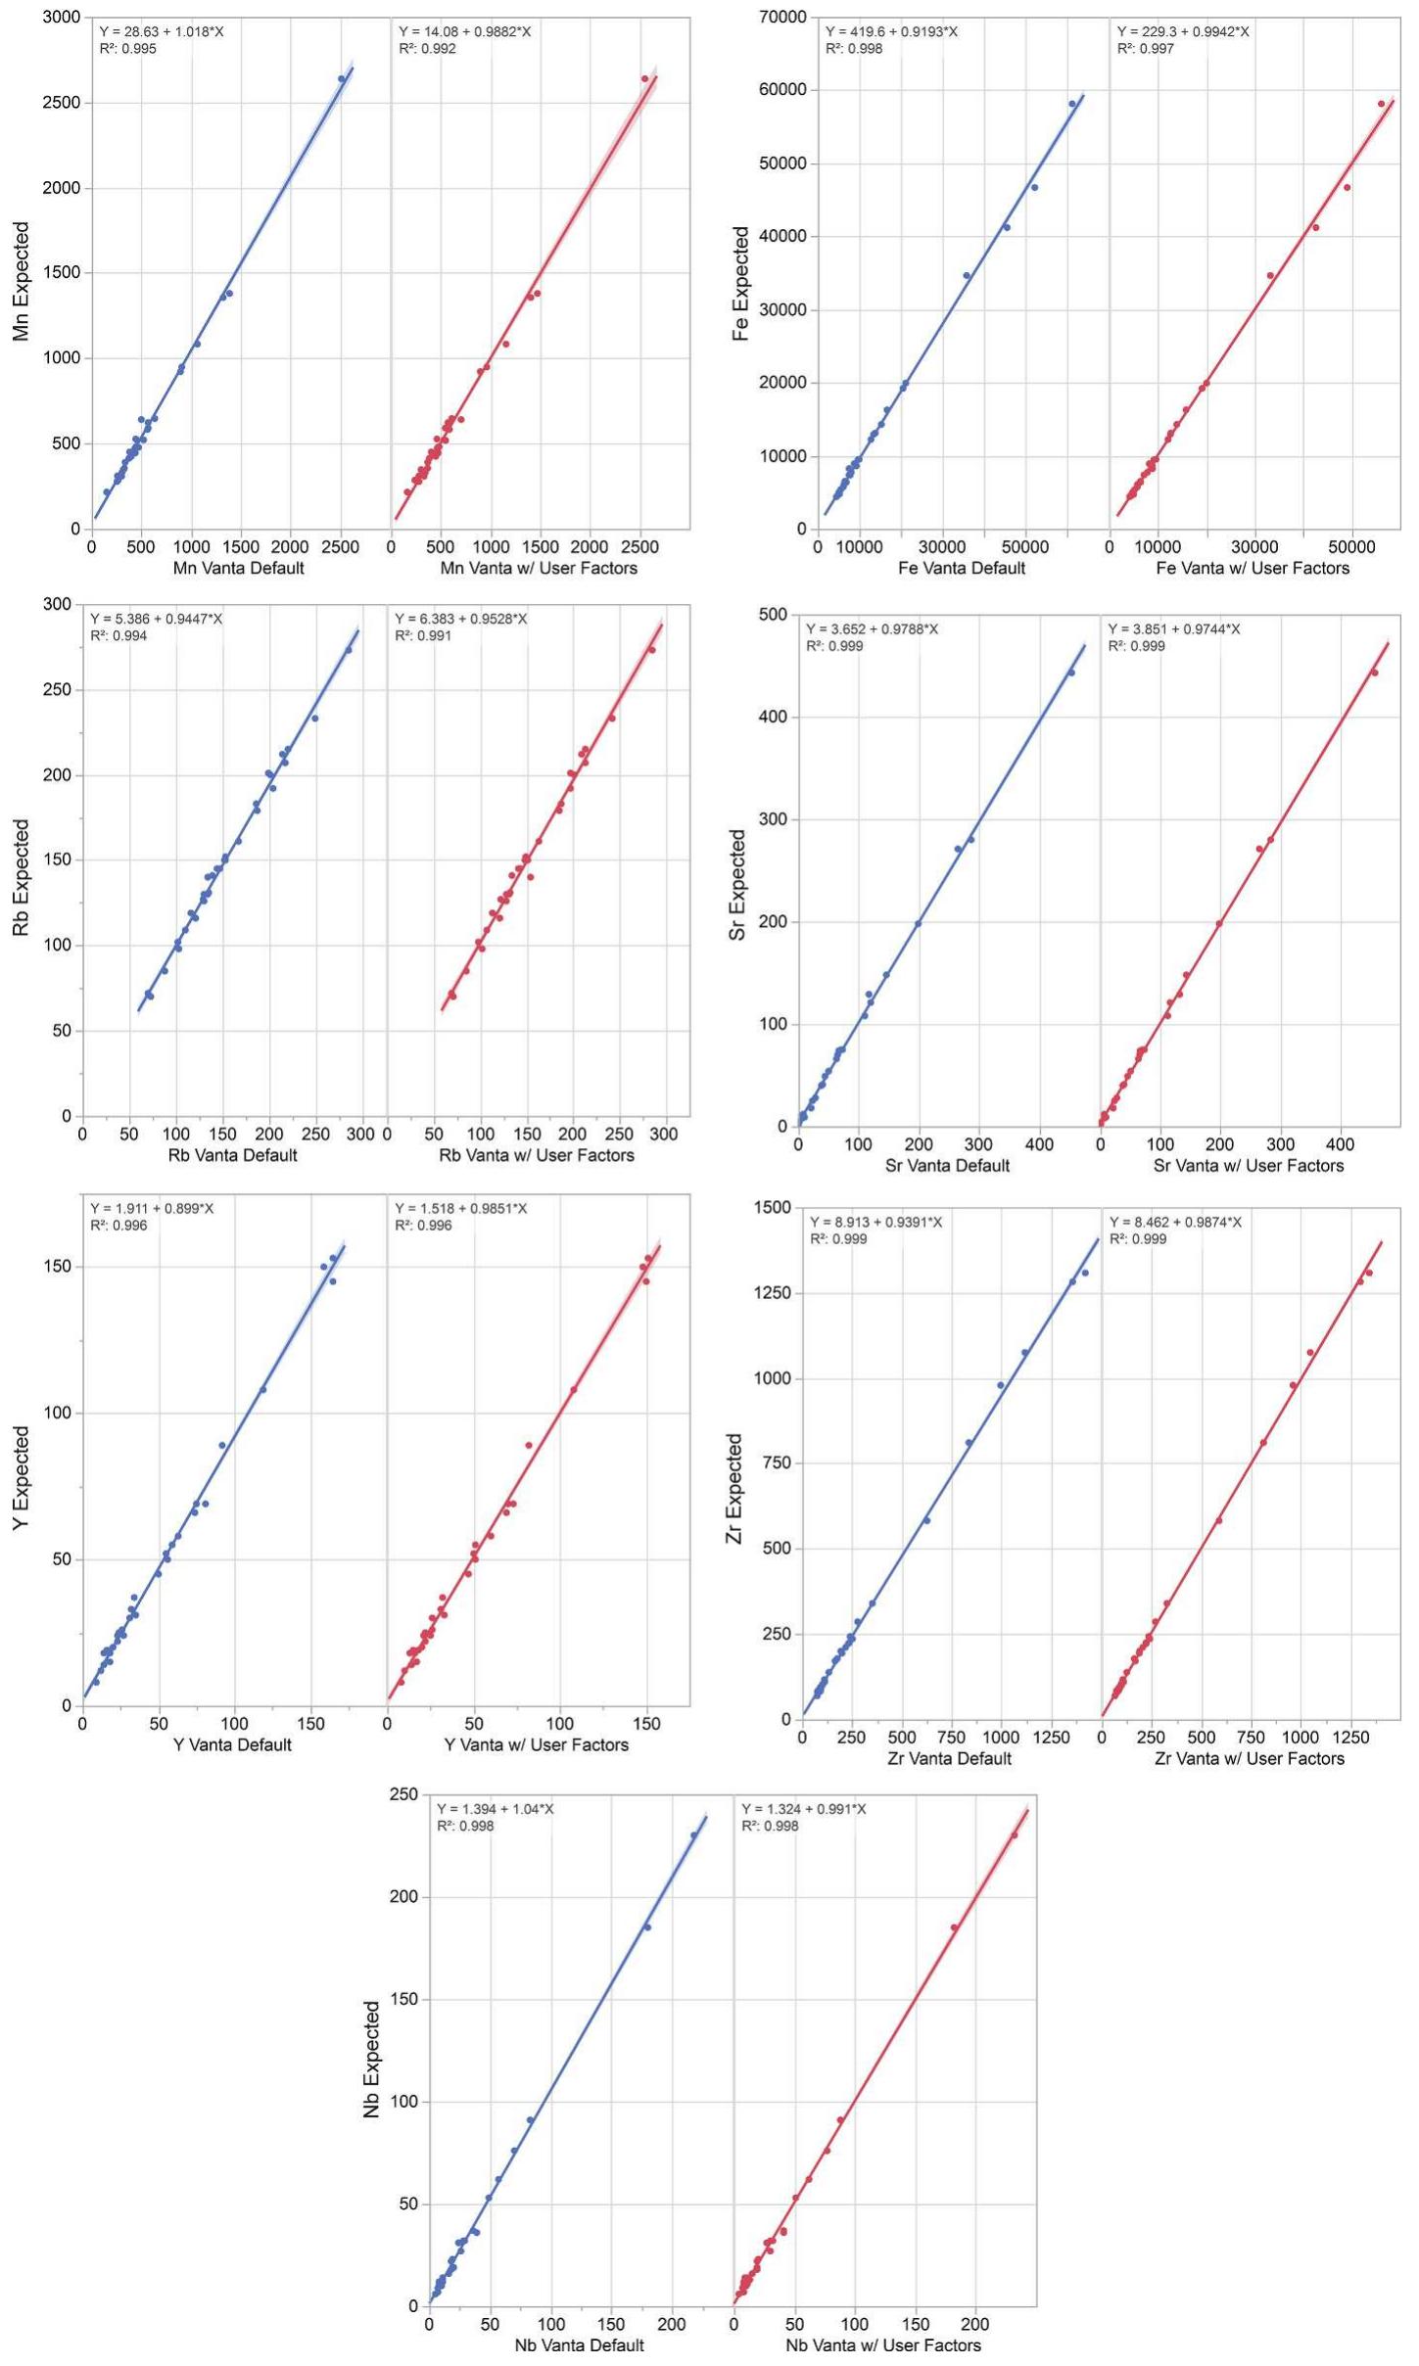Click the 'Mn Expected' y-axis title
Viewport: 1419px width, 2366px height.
pos(22,281)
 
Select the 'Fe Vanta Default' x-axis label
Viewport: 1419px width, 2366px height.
pos(961,569)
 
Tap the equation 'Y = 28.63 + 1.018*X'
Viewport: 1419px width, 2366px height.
pos(162,31)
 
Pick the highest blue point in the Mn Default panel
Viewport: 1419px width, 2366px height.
pos(342,78)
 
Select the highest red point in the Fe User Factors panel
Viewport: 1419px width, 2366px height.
pos(1382,104)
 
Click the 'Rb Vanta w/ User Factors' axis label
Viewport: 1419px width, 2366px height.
pos(537,1156)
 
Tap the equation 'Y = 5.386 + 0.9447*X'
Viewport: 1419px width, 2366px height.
pos(157,619)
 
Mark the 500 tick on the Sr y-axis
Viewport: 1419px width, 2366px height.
pos(773,615)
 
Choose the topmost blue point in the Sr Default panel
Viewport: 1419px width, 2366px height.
pos(1070,673)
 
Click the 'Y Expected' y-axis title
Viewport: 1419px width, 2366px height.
pos(22,1477)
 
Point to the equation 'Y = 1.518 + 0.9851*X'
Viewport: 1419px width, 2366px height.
pos(461,1209)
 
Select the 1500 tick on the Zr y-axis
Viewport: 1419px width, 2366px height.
pos(771,1208)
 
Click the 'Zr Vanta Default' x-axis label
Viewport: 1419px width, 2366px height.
pos(949,1759)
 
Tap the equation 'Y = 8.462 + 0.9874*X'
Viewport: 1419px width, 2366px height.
pos(1175,1222)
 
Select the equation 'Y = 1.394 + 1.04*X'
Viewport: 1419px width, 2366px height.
pos(495,1809)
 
